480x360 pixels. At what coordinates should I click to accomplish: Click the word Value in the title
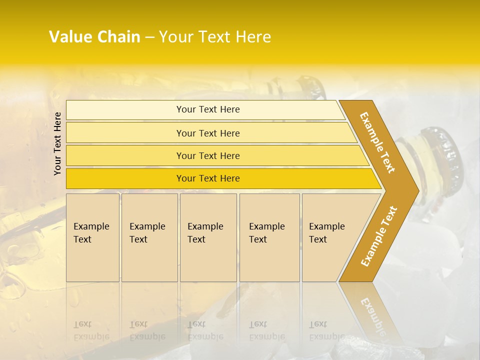coord(70,37)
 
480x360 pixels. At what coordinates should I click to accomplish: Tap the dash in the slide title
coord(149,37)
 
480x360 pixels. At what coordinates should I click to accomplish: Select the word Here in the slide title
coord(253,37)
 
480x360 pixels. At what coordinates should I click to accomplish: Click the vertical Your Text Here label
coord(57,143)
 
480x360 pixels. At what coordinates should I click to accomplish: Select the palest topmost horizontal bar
coord(207,109)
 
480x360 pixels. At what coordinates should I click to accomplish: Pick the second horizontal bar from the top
coord(207,133)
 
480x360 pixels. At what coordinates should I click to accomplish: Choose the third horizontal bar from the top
coord(207,155)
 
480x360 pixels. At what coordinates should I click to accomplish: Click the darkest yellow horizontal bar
coord(207,178)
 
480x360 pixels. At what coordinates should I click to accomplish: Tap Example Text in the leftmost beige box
coord(91,233)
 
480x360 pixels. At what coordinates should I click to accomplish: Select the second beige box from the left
coord(149,237)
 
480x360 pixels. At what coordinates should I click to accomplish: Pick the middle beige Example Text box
coord(207,237)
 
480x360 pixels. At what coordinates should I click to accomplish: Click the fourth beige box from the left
coord(269,237)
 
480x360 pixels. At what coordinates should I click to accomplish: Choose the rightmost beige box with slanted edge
coord(330,237)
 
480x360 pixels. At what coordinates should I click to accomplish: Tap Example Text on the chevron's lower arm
coord(379,236)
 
